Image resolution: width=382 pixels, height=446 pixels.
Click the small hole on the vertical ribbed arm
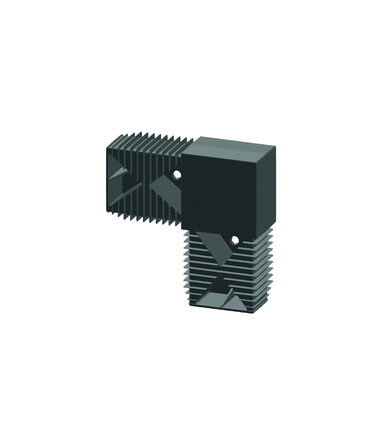(x=234, y=240)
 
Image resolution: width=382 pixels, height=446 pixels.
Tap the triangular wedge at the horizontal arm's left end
(x=119, y=171)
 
